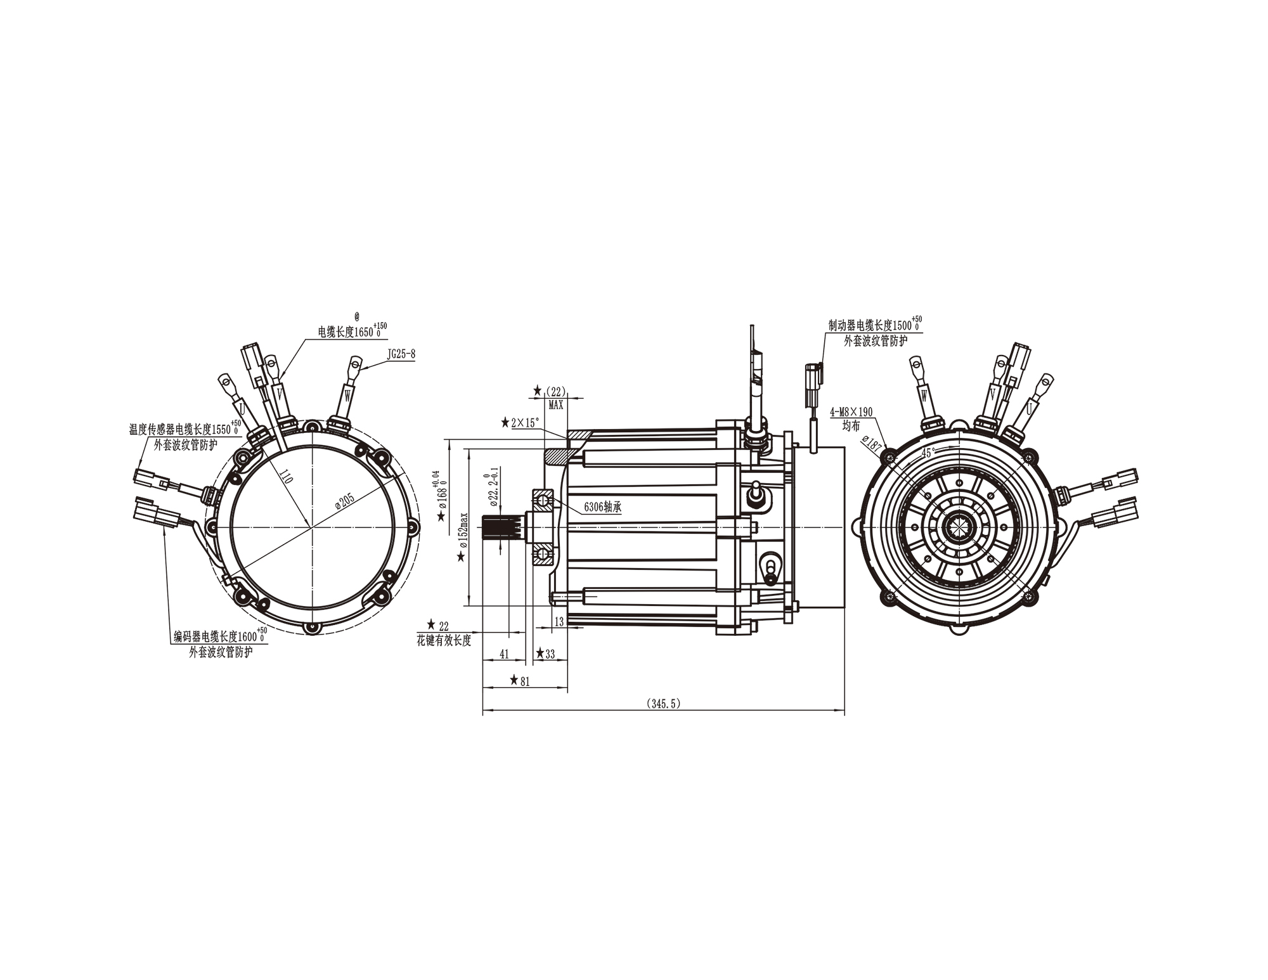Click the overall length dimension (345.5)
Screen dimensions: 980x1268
click(663, 704)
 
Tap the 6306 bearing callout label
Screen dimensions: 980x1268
click(602, 507)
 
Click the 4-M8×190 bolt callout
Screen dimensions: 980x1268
click(851, 412)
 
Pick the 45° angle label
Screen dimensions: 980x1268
click(929, 453)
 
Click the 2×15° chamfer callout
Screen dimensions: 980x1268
click(524, 422)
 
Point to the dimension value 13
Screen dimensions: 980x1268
click(559, 622)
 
